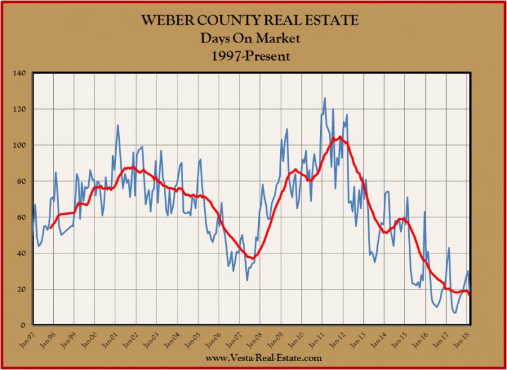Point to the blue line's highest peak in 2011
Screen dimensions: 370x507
pos(324,98)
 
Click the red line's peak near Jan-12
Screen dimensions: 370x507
pos(340,137)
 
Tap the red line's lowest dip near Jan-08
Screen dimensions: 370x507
pos(253,258)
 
